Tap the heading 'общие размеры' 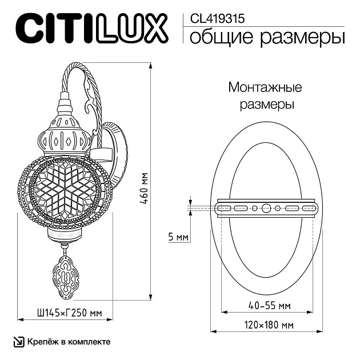(x=266, y=38)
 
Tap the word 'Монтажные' (x=265, y=87)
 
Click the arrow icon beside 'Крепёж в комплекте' (x=19, y=341)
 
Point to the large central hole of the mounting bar (x=266, y=208)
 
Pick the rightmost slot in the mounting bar (x=309, y=208)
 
